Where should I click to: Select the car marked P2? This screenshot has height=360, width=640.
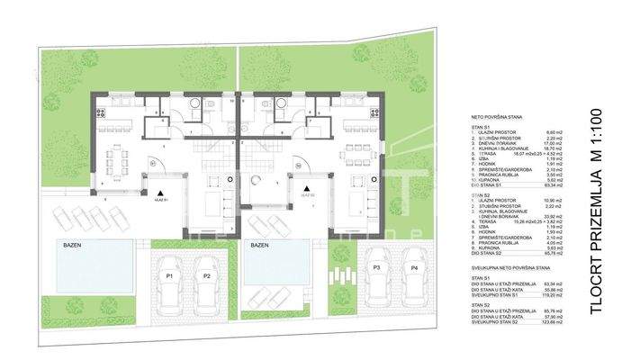click(x=207, y=276)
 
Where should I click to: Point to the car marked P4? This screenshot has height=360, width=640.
click(x=412, y=269)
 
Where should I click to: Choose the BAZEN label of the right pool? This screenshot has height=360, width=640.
click(x=258, y=244)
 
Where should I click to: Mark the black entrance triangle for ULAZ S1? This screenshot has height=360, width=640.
click(x=159, y=193)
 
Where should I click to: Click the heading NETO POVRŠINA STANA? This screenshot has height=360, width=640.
click(x=500, y=118)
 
